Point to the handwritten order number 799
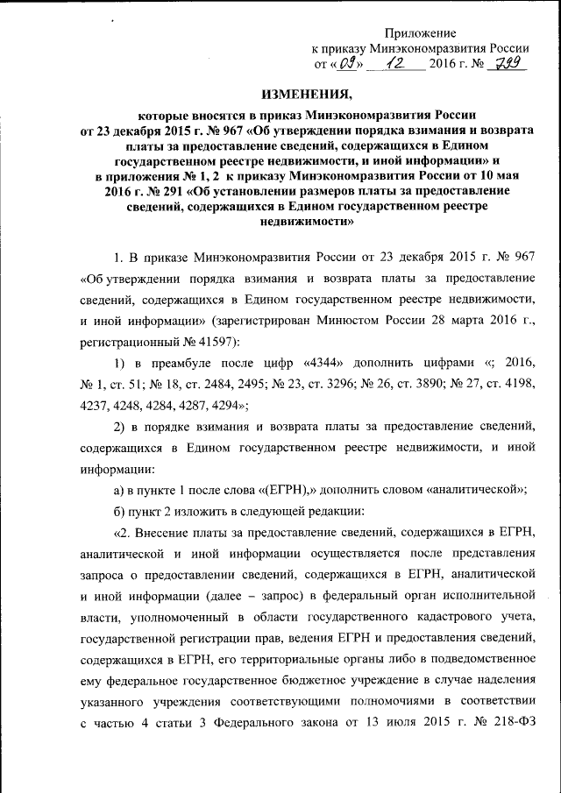[x=505, y=63]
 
